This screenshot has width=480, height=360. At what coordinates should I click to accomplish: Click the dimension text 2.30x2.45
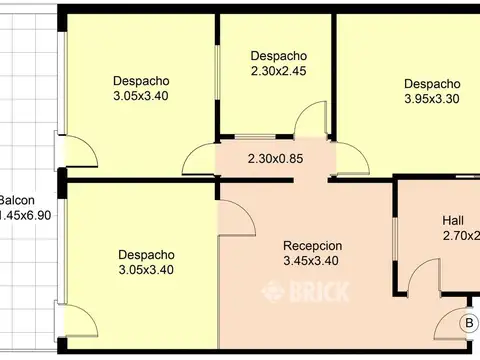click(x=279, y=72)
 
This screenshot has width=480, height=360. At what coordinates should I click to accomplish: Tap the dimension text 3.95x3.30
click(x=432, y=100)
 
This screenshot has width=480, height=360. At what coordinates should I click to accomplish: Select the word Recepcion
click(x=313, y=246)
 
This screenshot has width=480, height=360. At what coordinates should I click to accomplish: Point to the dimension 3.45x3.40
click(x=313, y=262)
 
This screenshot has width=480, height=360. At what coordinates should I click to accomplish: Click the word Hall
click(x=453, y=220)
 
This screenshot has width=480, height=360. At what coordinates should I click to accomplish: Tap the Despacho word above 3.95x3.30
click(x=432, y=84)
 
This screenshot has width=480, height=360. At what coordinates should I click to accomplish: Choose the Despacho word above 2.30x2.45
click(x=279, y=56)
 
